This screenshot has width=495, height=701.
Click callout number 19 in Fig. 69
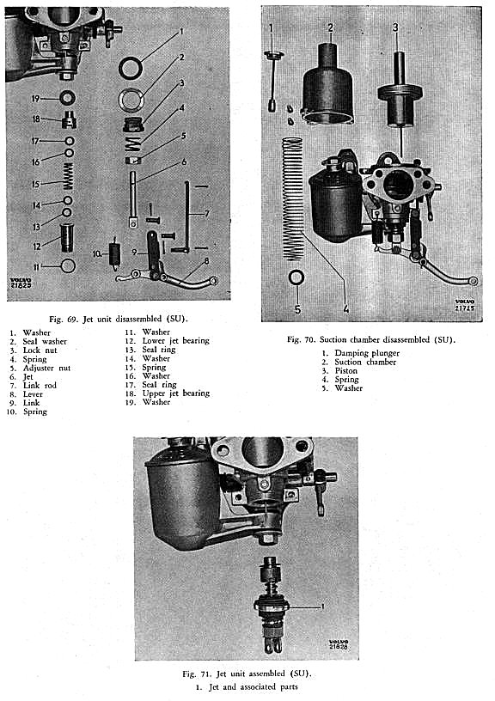(36, 98)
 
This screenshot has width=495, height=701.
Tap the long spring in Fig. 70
(292, 199)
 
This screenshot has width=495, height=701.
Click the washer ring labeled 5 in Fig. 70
(296, 277)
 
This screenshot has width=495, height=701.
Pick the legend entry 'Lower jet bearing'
(175, 341)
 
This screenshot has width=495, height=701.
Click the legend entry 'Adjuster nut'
(46, 368)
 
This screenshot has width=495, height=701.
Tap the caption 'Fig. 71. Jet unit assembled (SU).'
(247, 674)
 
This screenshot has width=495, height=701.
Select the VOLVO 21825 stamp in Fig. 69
(21, 282)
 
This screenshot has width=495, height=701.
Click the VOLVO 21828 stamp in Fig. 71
(339, 644)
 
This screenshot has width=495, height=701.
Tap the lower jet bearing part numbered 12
(68, 238)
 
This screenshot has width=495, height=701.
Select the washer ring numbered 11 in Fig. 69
(68, 266)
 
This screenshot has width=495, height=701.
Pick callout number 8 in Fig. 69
(206, 260)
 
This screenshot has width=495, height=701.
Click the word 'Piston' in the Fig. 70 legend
(346, 370)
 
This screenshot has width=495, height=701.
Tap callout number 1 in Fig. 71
(322, 607)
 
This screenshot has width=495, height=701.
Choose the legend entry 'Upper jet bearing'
(175, 393)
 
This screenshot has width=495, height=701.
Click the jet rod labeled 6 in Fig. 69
(132, 200)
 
